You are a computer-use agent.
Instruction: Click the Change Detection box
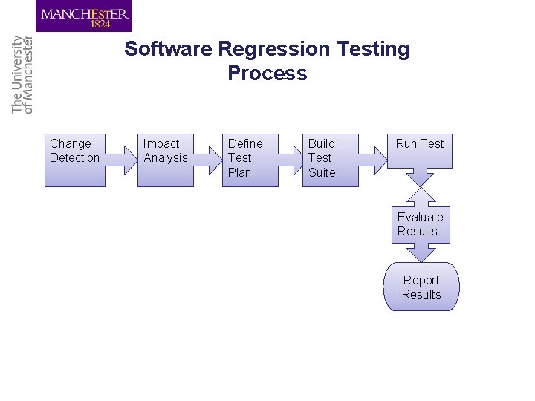pos(74,160)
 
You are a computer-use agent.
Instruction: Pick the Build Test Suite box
pos(329,160)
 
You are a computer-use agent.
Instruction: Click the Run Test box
pos(420,151)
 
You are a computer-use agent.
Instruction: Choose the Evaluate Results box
pos(421,224)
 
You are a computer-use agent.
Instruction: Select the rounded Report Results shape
pos(421,287)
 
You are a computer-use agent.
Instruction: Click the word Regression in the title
pos(274,49)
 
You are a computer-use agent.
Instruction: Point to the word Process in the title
pos(267,74)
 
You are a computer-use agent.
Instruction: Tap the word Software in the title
pos(169,49)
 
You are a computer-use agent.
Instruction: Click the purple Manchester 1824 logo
pos(84,16)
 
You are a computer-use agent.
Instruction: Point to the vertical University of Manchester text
pos(23,74)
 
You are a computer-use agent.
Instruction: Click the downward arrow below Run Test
pos(421,177)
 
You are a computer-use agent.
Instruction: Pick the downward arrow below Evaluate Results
pos(421,252)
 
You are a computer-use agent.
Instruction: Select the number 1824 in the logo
pos(100,24)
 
